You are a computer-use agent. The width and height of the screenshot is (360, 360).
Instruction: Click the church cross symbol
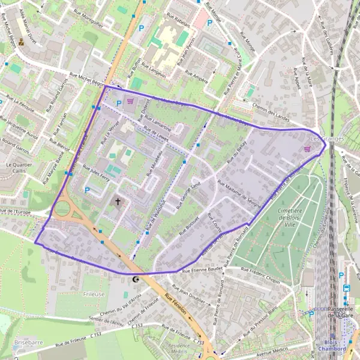click(x=118, y=202)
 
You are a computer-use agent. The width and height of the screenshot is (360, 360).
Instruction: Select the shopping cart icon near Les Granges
click(x=308, y=149)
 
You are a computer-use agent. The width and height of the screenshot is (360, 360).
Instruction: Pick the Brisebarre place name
click(x=28, y=342)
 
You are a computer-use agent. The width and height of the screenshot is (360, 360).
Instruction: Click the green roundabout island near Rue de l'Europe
click(x=62, y=210)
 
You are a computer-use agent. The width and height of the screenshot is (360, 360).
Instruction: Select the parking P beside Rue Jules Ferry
click(x=88, y=190)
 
